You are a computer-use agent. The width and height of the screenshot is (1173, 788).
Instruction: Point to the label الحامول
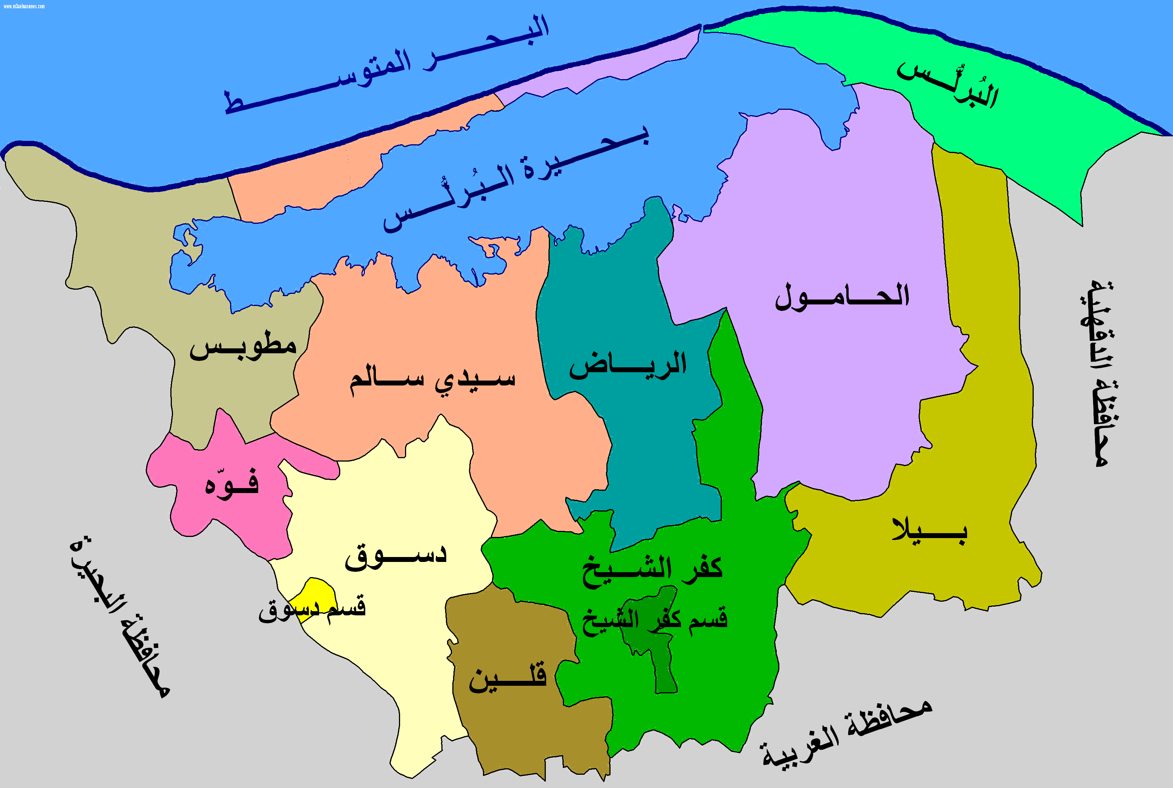pos(843,296)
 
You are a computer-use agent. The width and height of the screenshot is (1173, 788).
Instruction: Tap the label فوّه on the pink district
pos(232,484)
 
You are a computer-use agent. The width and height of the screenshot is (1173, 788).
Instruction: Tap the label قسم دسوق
pos(313,609)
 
